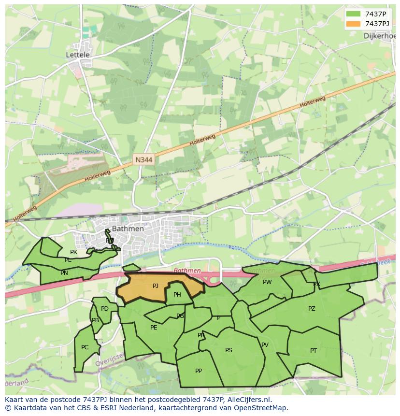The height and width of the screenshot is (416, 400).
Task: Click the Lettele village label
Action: [x=78, y=55]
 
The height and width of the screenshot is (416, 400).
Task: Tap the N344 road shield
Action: [x=143, y=159]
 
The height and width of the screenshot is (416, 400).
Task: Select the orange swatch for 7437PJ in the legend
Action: [x=353, y=23]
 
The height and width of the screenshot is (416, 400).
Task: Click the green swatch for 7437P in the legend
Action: [x=353, y=14]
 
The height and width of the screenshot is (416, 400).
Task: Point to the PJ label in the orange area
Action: [x=156, y=286]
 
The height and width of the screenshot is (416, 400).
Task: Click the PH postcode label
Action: [x=177, y=295]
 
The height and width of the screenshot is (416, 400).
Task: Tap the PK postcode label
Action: [x=73, y=252]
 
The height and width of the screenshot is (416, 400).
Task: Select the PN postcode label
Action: [x=64, y=273]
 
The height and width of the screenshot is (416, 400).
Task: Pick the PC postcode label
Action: [x=85, y=347]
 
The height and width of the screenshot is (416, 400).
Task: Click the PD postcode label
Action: [x=105, y=309]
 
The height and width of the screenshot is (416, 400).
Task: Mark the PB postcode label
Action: [x=96, y=320]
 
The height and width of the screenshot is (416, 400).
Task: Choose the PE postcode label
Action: [x=154, y=327]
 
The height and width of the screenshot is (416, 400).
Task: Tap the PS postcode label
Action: [x=229, y=350]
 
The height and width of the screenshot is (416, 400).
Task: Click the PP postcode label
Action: [x=199, y=371]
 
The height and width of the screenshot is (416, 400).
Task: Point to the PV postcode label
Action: [x=265, y=345]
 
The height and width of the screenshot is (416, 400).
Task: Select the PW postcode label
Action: [x=267, y=282]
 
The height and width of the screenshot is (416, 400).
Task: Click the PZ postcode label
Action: [x=312, y=309]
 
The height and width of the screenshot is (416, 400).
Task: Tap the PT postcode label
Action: [x=314, y=351]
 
